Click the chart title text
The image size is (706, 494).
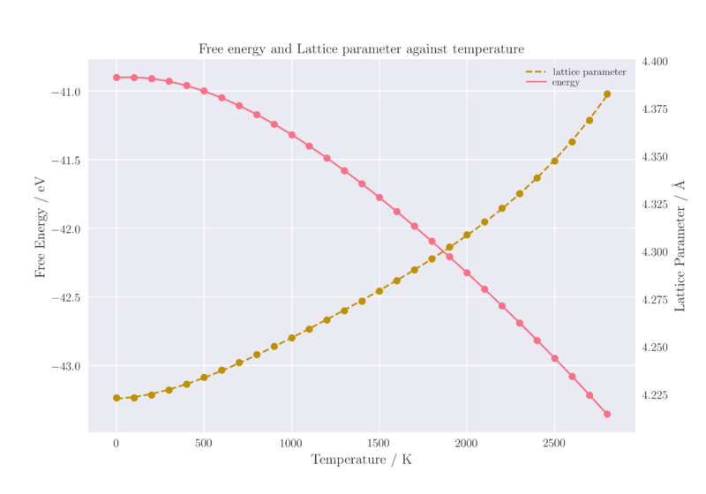(361, 49)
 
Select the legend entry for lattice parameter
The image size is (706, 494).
(589, 71)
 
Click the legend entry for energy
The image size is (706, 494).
(566, 82)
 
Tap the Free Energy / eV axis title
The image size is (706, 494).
(40, 227)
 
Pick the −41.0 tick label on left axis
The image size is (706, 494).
(66, 92)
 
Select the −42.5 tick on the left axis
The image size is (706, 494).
(66, 297)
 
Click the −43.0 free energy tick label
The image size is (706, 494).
(66, 366)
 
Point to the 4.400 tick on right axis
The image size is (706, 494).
(655, 62)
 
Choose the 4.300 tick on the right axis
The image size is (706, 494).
(655, 252)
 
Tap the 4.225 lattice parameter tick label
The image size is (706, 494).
(655, 395)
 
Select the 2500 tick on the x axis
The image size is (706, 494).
(554, 443)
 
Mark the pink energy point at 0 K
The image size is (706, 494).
(116, 78)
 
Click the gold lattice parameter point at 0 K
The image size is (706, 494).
(116, 398)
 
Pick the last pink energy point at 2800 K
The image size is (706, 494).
(607, 415)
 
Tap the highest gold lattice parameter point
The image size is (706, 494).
(607, 94)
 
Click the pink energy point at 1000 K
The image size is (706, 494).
(292, 135)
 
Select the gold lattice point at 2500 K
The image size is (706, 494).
(554, 161)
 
